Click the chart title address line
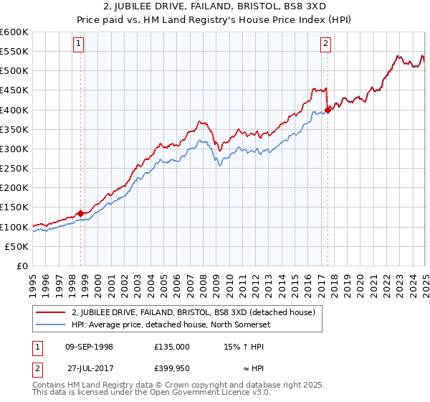coord(214,7)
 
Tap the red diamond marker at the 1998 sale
coord(81,213)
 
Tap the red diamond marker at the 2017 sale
coord(328,110)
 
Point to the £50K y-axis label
coord(16,246)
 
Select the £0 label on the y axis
coord(23,266)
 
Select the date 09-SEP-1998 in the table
coord(89,346)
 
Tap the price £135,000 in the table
coord(171,346)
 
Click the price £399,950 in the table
coord(171,369)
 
